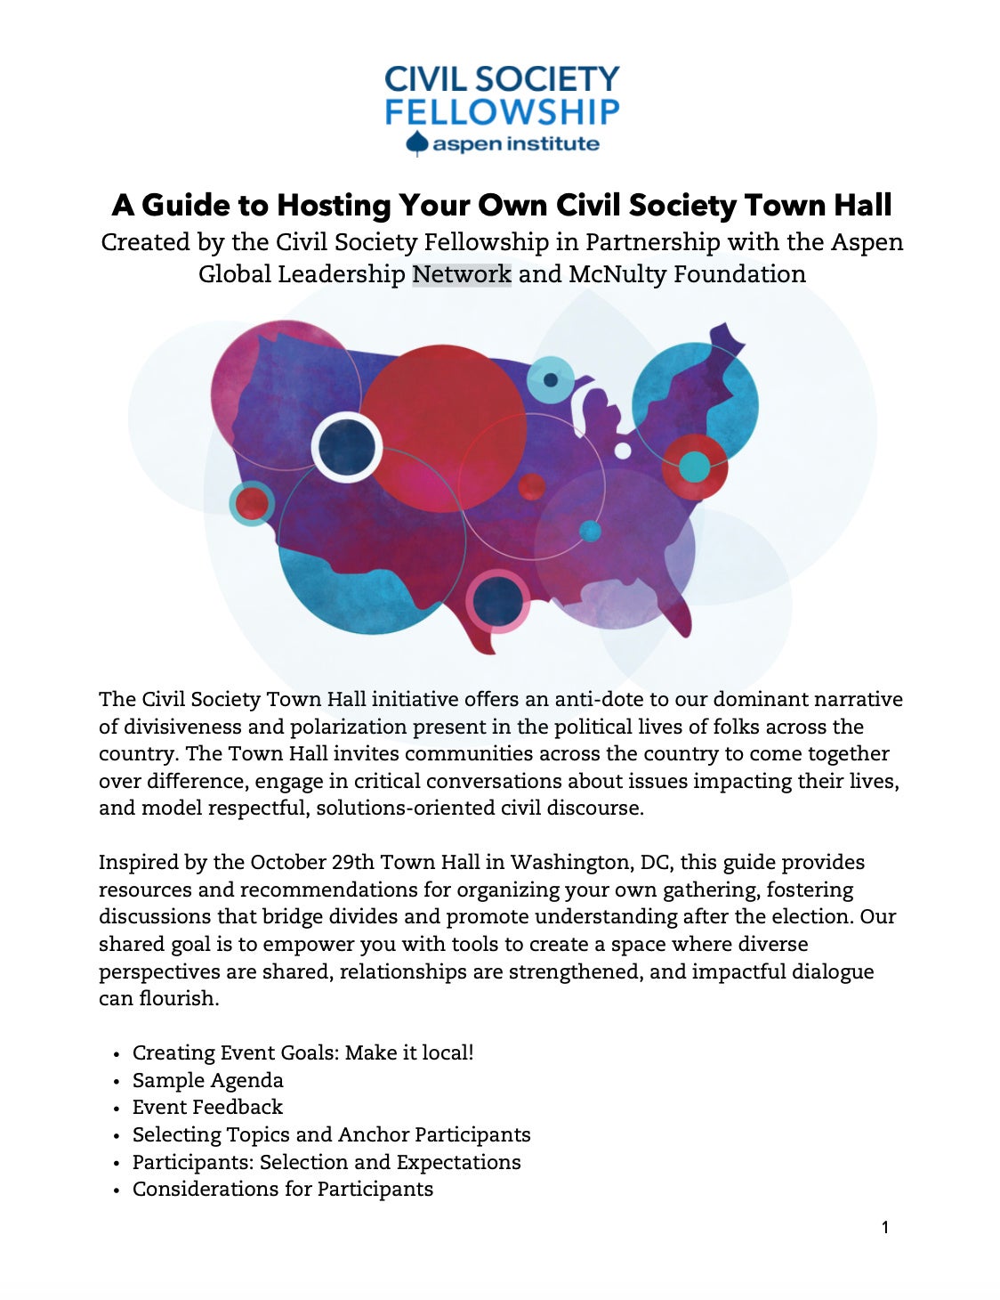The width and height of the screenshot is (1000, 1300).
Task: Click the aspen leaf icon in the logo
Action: pos(416,143)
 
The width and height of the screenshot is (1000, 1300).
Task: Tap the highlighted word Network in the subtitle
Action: pos(461,273)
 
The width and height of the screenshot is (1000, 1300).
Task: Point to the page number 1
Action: pos(884,1228)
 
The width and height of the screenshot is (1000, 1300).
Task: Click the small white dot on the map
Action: pos(623,451)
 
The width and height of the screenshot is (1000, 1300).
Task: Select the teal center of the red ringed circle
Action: pos(694,467)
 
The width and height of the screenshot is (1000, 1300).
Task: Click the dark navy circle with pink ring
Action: pos(497,601)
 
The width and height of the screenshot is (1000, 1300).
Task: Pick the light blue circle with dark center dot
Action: pos(551,380)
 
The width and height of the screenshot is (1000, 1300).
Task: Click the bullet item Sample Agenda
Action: pos(207,1080)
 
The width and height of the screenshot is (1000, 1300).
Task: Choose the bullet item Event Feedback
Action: pos(207,1107)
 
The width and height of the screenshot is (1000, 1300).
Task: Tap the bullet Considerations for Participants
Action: pos(282,1189)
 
